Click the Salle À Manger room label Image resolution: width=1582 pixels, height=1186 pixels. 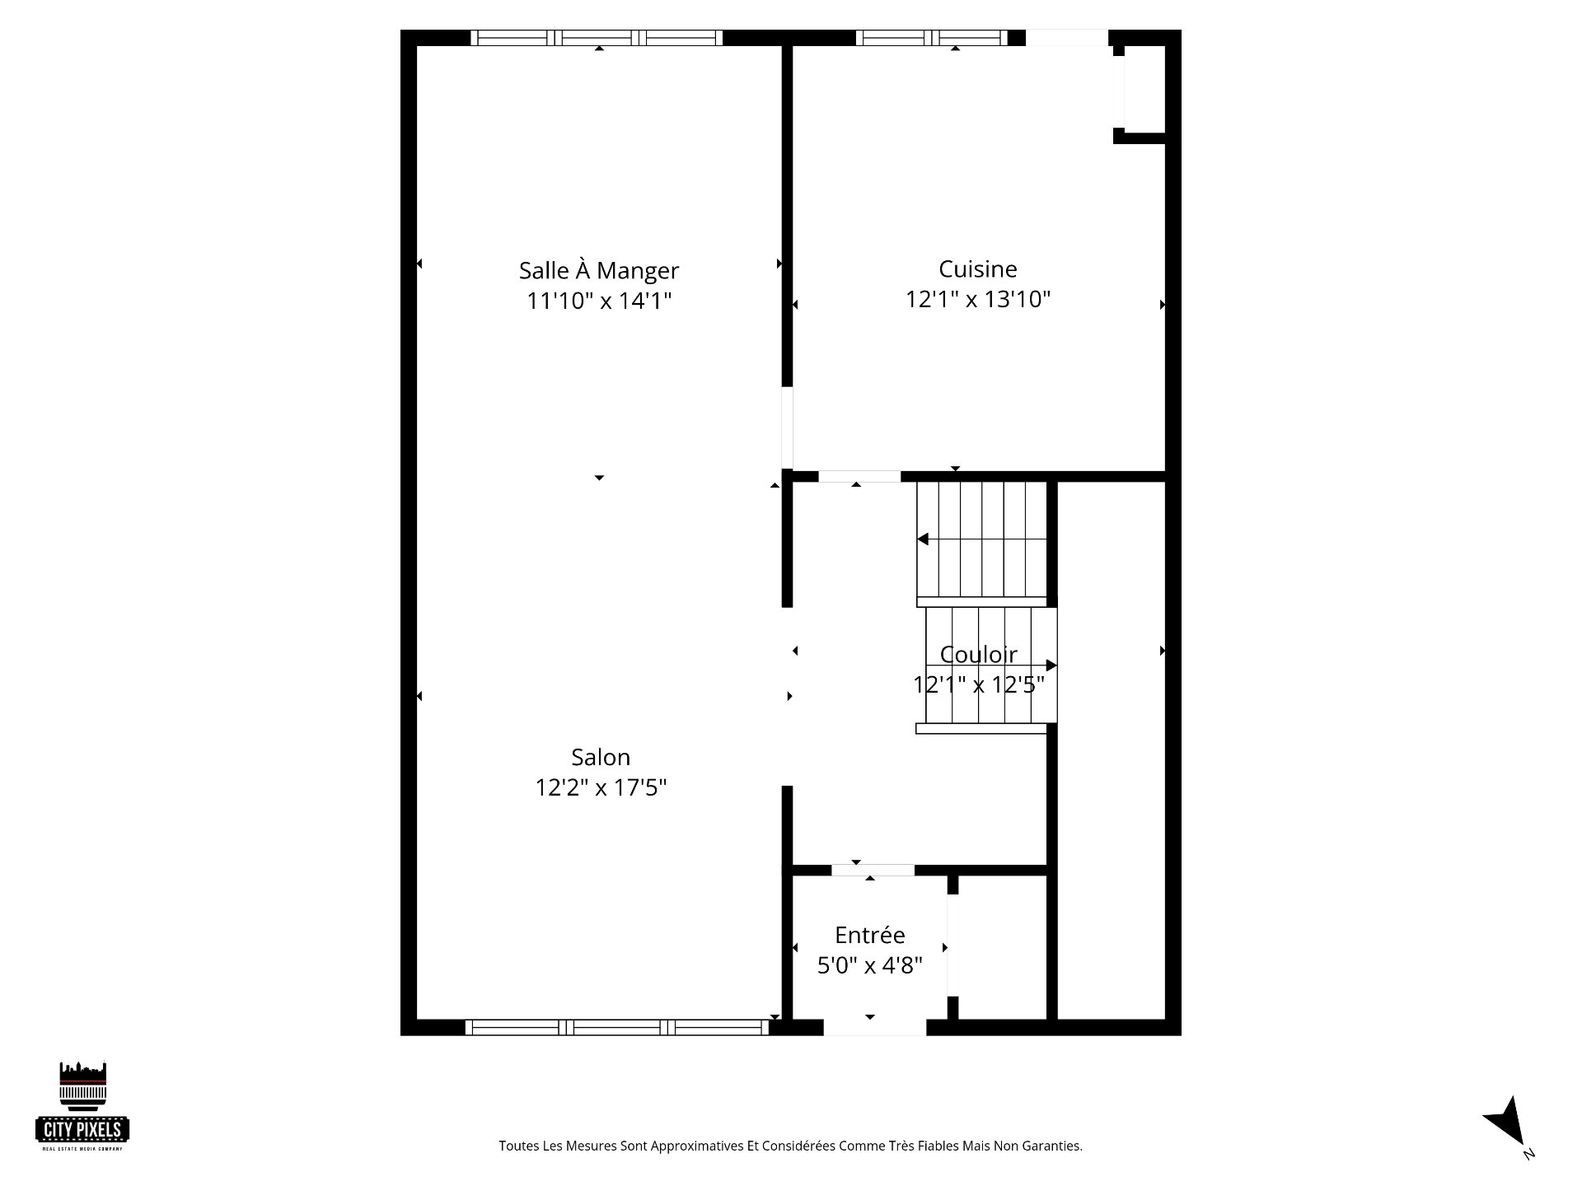(599, 270)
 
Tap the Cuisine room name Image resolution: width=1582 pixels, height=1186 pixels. (978, 268)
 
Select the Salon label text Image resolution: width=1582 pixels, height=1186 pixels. (601, 757)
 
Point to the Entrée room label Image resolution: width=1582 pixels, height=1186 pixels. (870, 935)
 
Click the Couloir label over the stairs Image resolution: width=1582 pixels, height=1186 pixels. (979, 654)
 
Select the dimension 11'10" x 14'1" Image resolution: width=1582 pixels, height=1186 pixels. (600, 301)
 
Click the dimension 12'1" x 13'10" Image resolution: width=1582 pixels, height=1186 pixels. (978, 299)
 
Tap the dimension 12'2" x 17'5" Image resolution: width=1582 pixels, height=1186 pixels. (601, 787)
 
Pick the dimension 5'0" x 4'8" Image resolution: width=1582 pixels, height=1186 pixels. (870, 964)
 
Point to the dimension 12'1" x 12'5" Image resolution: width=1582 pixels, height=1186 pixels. (979, 684)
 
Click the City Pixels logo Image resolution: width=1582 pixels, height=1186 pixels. (82, 1106)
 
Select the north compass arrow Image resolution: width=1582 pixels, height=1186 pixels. (1507, 1120)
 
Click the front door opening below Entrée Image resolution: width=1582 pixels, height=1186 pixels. (875, 1027)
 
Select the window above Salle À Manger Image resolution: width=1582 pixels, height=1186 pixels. (597, 38)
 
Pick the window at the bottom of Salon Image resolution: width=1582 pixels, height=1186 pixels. (617, 1027)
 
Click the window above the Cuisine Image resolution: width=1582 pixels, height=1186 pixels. (931, 38)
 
